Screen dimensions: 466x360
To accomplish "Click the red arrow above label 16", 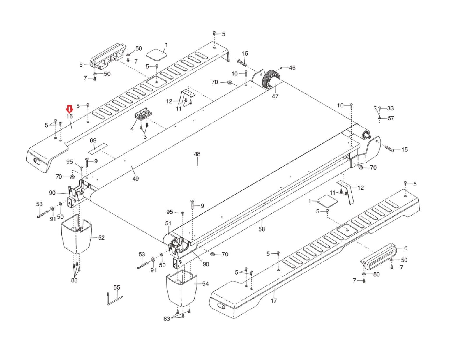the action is pos(70,109).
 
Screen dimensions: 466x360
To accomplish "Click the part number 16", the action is pos(70,116).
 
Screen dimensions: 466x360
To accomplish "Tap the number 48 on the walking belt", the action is pos(197,154).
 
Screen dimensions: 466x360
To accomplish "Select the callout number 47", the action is pos(275,96).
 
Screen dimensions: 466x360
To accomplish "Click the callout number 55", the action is pos(117,287).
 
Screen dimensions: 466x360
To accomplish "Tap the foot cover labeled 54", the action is pos(182,288).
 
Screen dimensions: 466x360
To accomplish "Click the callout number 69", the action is pos(93,140).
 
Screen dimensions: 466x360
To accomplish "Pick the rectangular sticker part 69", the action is pos(98,148).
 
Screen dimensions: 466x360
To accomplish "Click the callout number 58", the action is pos(262,229).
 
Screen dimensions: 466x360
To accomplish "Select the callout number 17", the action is pos(274,301).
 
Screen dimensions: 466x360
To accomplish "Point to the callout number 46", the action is pos(292,68).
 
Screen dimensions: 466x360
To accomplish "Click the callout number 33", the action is pos(391,108).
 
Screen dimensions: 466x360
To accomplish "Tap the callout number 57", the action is pos(391,118).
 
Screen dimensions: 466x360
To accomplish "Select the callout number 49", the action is pos(135,178).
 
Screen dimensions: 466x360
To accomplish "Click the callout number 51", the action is pos(168,223).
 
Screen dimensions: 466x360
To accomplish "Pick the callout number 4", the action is pos(132,129).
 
